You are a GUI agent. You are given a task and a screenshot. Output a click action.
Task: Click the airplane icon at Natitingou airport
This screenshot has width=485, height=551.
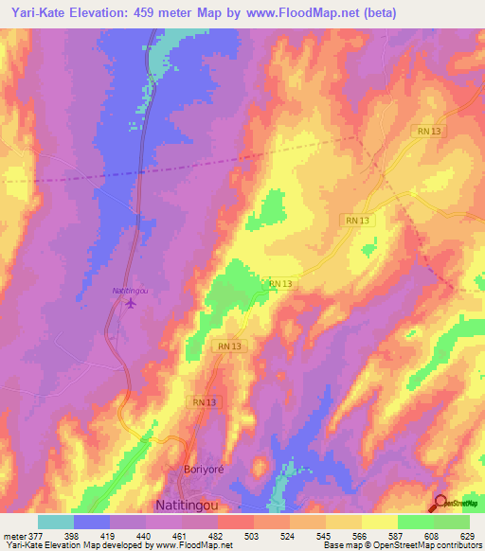point(130,303)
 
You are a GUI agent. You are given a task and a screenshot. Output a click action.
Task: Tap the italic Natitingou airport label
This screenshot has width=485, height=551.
point(131,290)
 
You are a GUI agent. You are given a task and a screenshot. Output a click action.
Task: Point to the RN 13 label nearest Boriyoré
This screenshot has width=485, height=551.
point(205,402)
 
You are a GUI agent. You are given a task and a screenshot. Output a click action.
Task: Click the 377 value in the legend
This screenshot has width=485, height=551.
point(34,536)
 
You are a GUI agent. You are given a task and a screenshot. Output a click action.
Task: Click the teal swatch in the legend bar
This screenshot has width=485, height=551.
point(56,522)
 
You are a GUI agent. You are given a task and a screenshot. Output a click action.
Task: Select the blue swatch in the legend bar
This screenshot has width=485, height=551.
point(92,522)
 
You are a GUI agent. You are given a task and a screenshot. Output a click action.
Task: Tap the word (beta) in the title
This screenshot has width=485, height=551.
point(377,13)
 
